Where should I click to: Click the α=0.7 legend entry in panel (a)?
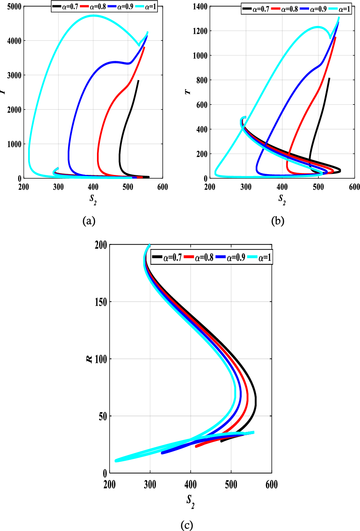click(x=65, y=7)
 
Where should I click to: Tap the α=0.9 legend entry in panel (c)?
click(x=231, y=257)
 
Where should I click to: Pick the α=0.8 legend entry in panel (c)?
click(x=199, y=257)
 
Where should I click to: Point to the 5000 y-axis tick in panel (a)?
click(x=14, y=7)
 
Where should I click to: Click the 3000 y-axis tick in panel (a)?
click(x=14, y=75)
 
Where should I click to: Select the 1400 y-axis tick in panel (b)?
click(x=200, y=7)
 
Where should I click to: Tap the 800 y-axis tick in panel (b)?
click(x=202, y=80)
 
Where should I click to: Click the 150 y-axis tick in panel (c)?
click(x=101, y=302)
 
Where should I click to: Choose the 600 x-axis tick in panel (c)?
click(x=272, y=485)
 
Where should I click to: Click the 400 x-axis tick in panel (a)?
click(x=93, y=187)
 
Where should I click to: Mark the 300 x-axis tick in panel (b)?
click(x=246, y=187)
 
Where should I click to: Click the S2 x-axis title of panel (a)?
click(x=93, y=199)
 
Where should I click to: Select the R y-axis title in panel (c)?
click(x=89, y=359)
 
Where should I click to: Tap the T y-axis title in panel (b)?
click(x=188, y=92)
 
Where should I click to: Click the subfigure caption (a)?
click(x=89, y=221)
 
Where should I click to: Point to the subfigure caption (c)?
click(x=187, y=525)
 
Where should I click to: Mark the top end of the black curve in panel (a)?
click(x=138, y=80)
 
